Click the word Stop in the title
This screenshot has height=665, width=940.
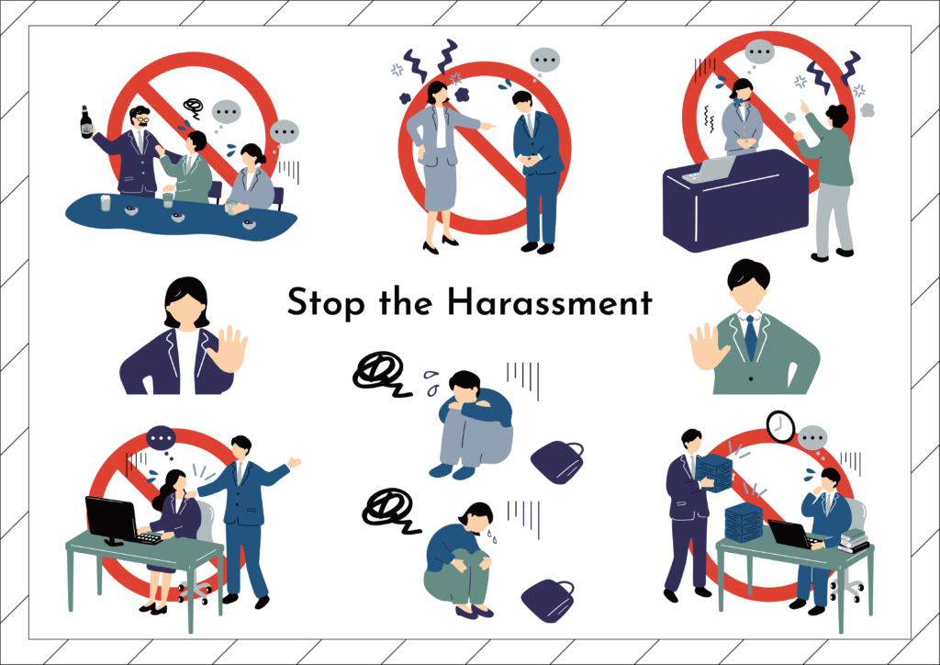click(x=327, y=303)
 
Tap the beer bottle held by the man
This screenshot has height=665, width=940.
click(x=86, y=122)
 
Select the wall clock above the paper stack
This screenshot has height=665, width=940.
click(x=780, y=426)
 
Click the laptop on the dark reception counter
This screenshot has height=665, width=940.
click(x=710, y=170)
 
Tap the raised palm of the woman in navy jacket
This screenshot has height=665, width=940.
click(x=229, y=349)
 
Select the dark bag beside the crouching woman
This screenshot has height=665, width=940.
click(x=547, y=600)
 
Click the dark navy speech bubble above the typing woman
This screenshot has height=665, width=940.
click(x=161, y=439)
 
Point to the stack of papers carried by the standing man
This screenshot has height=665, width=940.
click(x=714, y=473)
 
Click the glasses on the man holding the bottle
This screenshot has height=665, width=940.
click(x=141, y=120)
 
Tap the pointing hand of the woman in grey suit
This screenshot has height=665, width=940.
click(x=487, y=126)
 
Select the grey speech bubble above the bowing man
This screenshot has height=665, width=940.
click(x=545, y=62)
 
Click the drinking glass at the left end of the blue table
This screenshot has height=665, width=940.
click(x=106, y=203)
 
